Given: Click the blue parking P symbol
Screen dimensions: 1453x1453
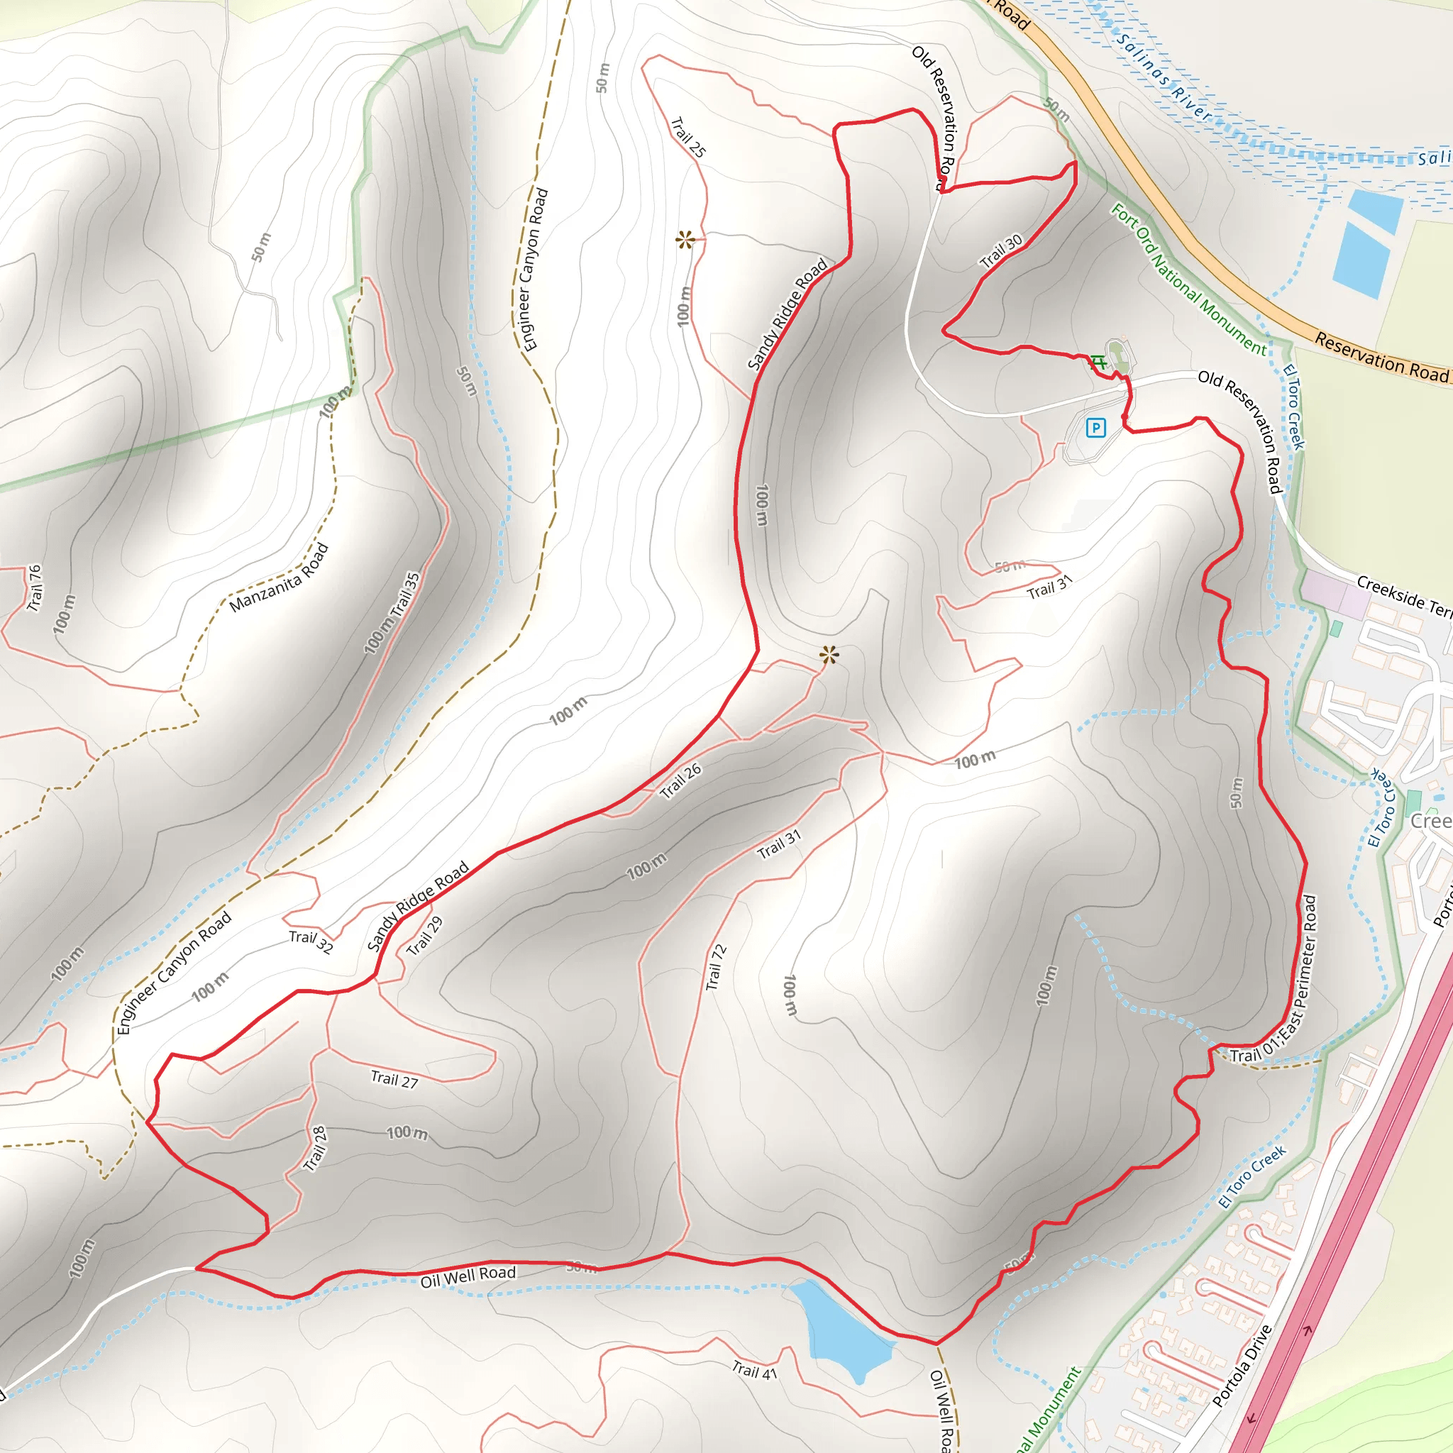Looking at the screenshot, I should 1095,428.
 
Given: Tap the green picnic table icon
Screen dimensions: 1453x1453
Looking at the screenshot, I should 1100,363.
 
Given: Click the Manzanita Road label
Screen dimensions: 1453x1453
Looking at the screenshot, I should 279,578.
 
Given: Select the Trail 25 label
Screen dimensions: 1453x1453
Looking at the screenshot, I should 688,137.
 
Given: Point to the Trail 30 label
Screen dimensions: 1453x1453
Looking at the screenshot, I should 1001,251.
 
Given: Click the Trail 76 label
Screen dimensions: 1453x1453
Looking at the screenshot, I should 35,588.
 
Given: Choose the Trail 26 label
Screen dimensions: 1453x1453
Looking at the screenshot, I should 680,780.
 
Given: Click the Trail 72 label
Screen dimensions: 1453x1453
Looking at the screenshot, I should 716,967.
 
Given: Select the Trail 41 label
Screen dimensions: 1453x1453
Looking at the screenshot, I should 754,1369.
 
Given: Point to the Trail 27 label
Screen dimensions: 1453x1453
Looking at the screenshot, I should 394,1080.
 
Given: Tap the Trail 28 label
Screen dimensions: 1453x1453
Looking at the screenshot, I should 315,1149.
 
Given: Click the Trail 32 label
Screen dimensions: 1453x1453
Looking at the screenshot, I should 311,941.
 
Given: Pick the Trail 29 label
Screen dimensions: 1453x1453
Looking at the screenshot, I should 425,937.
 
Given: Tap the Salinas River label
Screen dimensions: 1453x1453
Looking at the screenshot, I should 1164,78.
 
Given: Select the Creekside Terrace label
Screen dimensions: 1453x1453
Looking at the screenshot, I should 1403,596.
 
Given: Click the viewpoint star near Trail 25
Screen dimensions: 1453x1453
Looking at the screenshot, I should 685,240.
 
